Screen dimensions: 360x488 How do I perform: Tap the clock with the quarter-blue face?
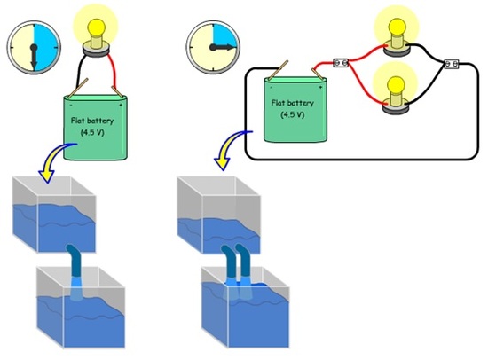pos(213,45)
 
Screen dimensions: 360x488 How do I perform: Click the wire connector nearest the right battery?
pos(338,63)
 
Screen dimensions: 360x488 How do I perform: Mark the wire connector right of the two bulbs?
pos(449,63)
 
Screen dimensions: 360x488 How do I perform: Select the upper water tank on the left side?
pos(53,217)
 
